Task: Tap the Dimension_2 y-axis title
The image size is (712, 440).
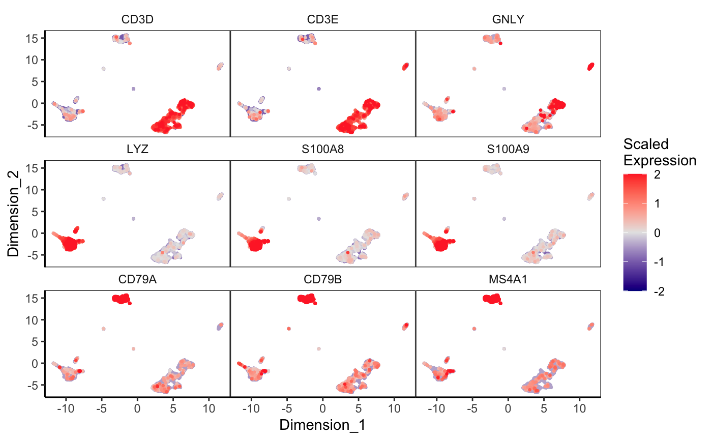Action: [x=13, y=214]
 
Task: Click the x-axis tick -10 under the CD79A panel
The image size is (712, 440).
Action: [x=65, y=407]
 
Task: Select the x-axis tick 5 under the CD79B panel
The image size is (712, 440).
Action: [x=359, y=407]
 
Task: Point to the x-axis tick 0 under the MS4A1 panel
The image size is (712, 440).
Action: [x=508, y=407]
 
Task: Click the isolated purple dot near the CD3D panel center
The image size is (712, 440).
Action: [x=133, y=89]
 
